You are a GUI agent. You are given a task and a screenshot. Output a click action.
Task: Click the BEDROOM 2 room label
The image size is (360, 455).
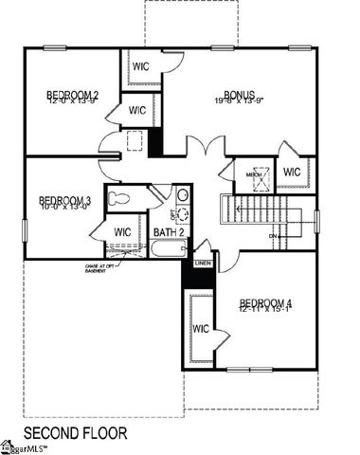click(x=73, y=95)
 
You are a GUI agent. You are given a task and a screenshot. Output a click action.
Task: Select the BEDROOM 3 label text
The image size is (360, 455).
click(x=64, y=200)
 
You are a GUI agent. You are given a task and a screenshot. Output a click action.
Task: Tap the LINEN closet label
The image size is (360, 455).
click(x=203, y=263)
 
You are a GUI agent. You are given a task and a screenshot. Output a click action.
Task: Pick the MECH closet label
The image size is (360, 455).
click(x=254, y=174)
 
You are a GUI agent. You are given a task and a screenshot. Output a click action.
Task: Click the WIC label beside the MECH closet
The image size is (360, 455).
click(x=291, y=173)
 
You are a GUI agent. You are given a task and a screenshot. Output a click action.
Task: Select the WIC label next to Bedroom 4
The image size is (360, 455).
click(x=201, y=328)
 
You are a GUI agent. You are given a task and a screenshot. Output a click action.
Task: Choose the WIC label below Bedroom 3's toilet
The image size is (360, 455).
click(x=123, y=231)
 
